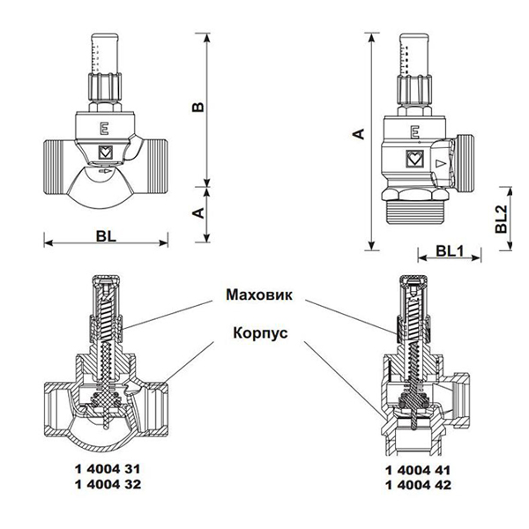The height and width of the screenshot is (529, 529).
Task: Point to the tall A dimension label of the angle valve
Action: pyautogui.click(x=357, y=133)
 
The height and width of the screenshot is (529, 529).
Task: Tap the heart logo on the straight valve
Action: pyautogui.click(x=105, y=150)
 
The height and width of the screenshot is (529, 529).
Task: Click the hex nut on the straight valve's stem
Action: pyautogui.click(x=105, y=86)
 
